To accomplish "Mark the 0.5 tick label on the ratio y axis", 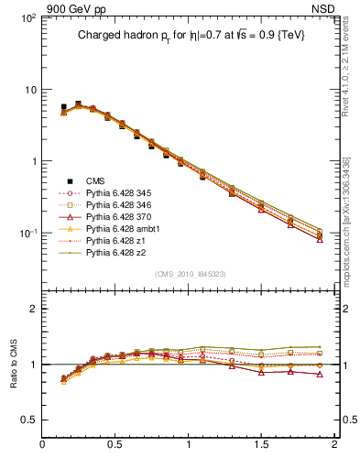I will (x=27, y=419).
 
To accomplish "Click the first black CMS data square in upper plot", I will (x=63, y=107).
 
